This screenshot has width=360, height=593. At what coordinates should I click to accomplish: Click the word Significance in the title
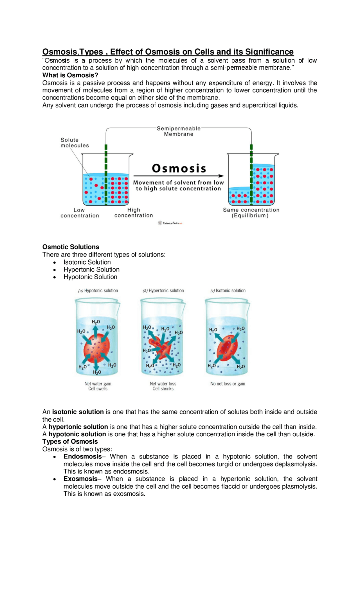click(x=269, y=52)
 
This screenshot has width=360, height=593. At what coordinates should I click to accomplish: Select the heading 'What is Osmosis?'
click(x=70, y=75)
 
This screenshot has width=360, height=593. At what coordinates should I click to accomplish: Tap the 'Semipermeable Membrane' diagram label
click(x=179, y=131)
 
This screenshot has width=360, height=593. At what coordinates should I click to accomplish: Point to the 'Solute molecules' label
click(x=75, y=143)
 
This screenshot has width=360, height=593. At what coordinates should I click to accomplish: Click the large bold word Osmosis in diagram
click(x=179, y=169)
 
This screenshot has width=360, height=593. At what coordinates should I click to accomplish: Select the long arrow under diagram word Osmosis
click(x=179, y=176)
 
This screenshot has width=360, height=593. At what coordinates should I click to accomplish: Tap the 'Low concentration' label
click(x=80, y=213)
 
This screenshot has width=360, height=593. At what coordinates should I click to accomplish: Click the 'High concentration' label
click(x=134, y=213)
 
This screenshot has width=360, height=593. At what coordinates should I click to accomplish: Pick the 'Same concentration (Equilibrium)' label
click(x=251, y=213)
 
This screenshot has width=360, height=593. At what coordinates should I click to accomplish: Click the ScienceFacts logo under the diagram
click(x=170, y=223)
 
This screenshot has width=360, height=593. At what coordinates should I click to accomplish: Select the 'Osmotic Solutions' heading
click(x=71, y=247)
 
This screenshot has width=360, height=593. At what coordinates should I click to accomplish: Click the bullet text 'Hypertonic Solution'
click(x=91, y=269)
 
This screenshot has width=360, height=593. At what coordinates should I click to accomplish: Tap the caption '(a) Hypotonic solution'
click(x=98, y=291)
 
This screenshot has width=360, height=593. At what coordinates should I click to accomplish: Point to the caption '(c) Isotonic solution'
click(x=228, y=291)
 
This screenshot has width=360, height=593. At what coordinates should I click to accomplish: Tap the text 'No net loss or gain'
click(x=228, y=384)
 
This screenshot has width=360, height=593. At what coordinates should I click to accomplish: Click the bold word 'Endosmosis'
click(x=82, y=457)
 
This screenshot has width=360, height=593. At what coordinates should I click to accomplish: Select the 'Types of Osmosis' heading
click(x=70, y=442)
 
